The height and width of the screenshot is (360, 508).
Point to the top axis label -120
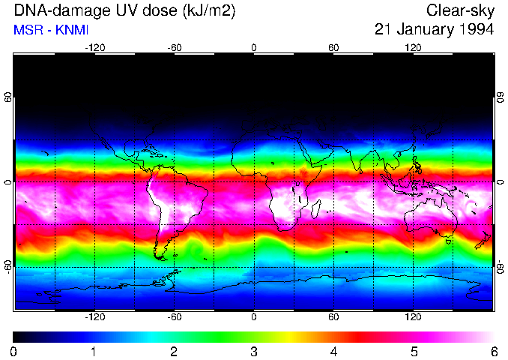point(94,46)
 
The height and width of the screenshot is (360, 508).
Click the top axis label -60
point(175,46)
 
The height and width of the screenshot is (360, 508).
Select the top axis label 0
point(254,46)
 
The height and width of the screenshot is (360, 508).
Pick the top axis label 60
point(333,46)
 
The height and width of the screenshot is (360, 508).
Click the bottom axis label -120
point(94,317)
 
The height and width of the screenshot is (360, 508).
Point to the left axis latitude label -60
point(8,266)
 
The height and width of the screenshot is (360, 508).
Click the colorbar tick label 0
point(14,351)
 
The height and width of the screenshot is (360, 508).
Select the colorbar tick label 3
point(254,351)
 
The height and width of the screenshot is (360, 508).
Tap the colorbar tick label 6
point(493,351)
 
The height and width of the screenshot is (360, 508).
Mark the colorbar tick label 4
point(333,351)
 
